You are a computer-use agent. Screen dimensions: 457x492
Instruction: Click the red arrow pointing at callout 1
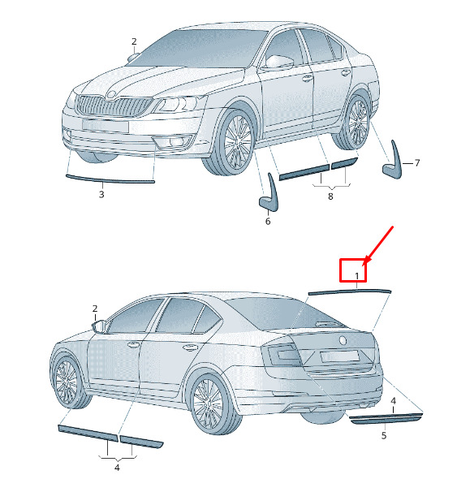(379, 245)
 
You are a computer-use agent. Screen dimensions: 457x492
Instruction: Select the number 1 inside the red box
(357, 276)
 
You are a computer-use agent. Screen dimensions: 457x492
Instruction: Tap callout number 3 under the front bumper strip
(101, 195)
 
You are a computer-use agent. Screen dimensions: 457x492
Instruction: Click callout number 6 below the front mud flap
(268, 221)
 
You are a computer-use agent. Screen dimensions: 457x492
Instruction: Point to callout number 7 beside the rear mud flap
(417, 163)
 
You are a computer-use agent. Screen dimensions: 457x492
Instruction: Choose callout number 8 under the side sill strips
(330, 196)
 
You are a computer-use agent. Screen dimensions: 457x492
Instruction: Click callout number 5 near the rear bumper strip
(384, 435)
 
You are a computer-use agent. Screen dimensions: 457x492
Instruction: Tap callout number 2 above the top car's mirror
(134, 41)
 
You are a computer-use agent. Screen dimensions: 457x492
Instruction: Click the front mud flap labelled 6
(269, 194)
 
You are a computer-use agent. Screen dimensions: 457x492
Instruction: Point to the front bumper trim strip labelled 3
(110, 179)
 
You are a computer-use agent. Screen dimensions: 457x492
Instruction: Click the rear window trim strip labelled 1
(349, 291)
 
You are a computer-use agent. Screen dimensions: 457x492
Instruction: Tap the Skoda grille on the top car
(113, 106)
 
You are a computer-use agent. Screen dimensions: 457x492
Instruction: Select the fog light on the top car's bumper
(175, 142)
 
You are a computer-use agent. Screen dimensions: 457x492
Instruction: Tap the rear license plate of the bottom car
(339, 356)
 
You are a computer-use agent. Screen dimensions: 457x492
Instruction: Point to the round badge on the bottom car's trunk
(343, 340)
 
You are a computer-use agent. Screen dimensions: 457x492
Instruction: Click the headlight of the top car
(179, 105)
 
